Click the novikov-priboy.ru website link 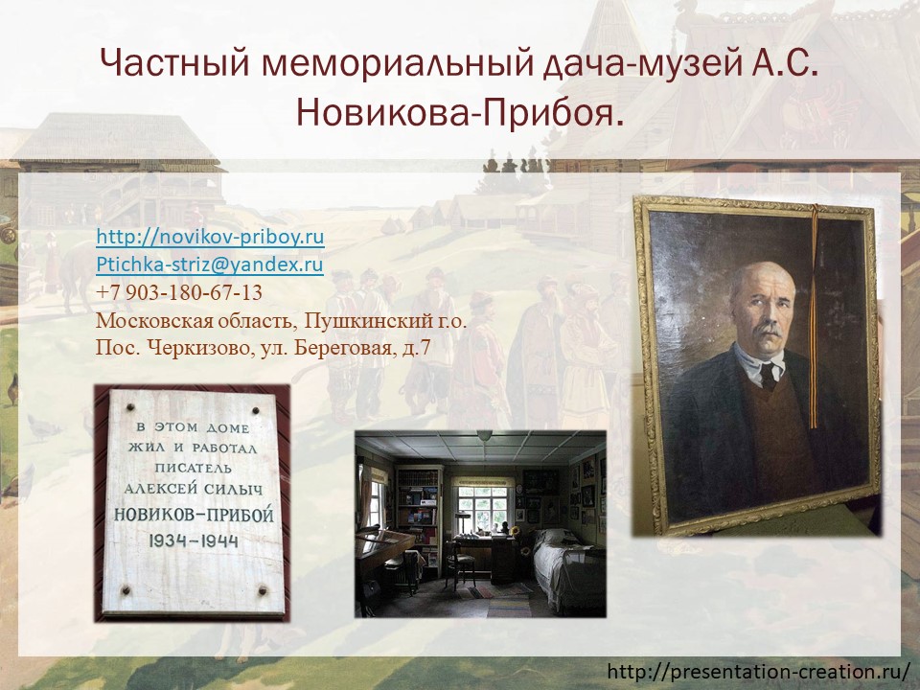click(x=210, y=237)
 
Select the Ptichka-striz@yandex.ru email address click(x=210, y=264)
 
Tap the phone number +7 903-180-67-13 click(x=179, y=293)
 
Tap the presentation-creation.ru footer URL click(x=759, y=671)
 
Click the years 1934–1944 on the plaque click(x=193, y=540)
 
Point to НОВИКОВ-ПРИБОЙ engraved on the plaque click(x=194, y=515)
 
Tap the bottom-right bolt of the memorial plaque click(x=263, y=589)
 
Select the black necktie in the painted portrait click(x=768, y=377)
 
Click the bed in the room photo click(x=568, y=564)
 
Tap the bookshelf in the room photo click(x=418, y=517)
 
